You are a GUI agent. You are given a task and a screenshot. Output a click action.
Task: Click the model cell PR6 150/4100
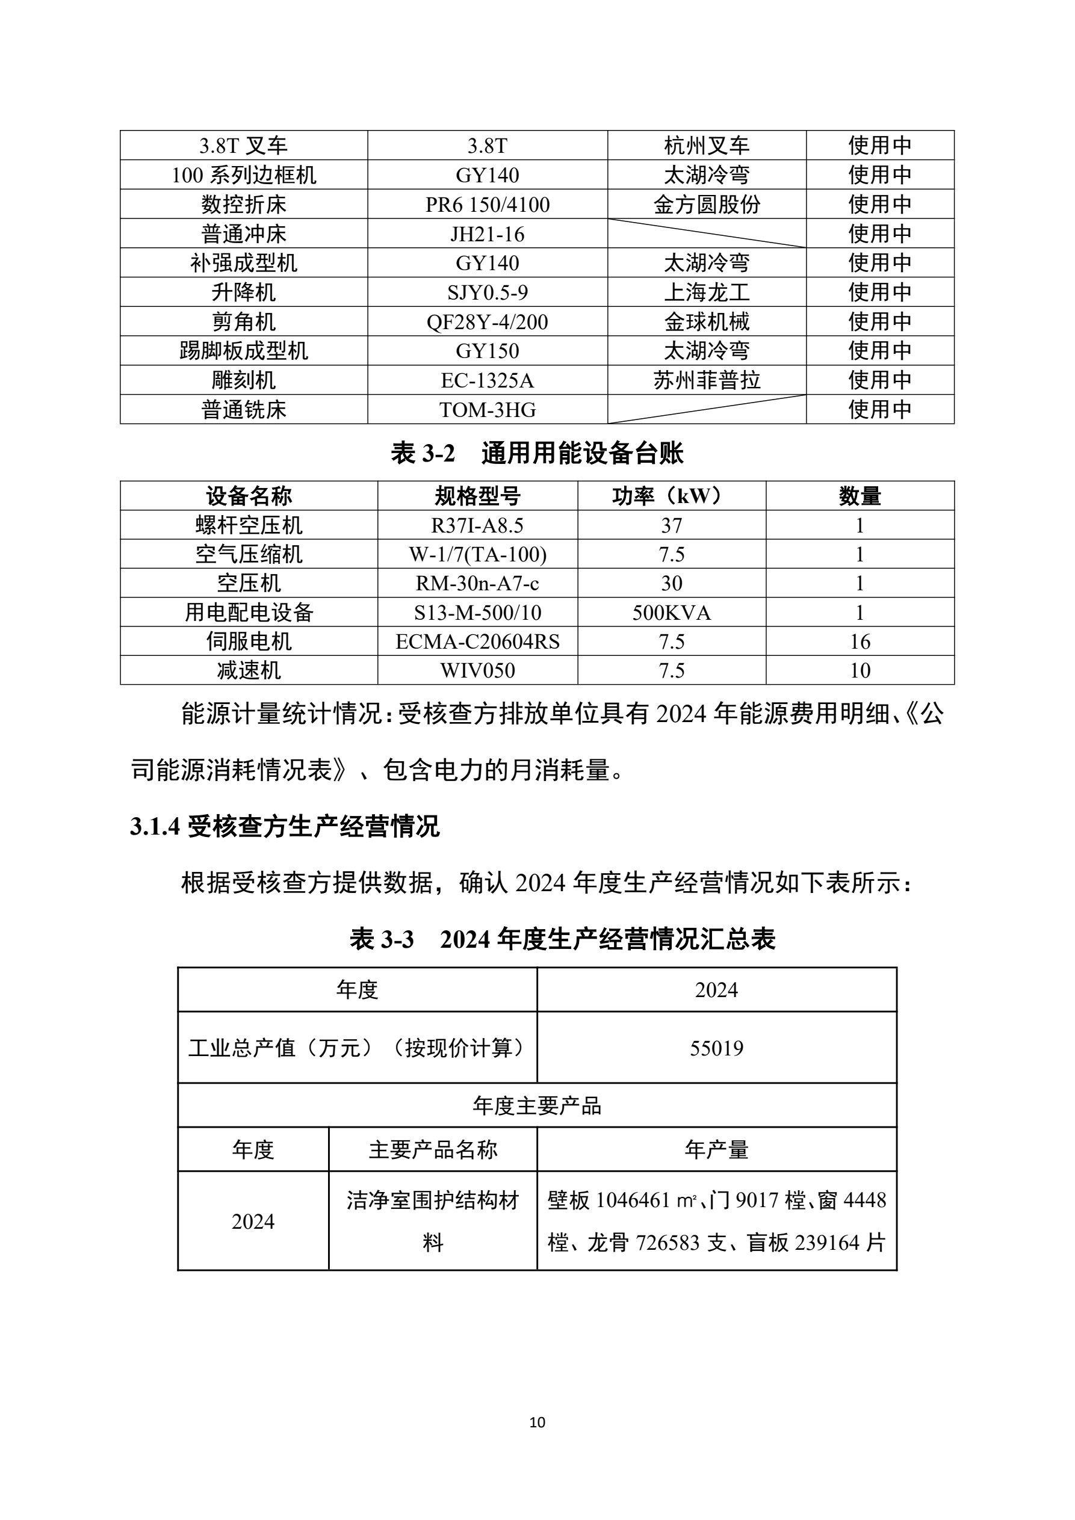click(488, 205)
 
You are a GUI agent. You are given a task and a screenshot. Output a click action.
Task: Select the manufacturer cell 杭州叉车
click(706, 146)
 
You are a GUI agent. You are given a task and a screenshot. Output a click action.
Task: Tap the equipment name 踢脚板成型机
click(244, 351)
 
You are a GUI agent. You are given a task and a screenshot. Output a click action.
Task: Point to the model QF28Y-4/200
click(488, 322)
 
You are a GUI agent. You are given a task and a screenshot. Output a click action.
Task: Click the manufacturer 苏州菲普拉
click(706, 380)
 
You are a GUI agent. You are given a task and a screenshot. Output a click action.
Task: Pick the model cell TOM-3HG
click(488, 410)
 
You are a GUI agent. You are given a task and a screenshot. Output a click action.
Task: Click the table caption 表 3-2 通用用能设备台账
click(536, 454)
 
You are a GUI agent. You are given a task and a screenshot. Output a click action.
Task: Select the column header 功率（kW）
click(671, 496)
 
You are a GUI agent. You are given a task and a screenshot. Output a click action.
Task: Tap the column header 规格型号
click(477, 496)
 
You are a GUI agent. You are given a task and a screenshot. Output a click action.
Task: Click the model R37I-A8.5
click(477, 525)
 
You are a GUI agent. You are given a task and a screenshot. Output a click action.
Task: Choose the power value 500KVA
click(671, 613)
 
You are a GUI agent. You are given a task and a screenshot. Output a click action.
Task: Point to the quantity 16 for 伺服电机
click(859, 641)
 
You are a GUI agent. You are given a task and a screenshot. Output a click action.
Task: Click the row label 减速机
click(249, 670)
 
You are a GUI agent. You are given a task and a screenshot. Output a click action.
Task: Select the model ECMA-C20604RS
click(477, 641)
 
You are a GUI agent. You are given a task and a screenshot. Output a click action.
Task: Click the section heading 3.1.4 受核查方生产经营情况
click(285, 827)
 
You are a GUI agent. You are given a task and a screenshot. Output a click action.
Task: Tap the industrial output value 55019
click(716, 1048)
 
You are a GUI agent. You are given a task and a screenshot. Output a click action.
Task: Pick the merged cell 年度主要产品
click(536, 1105)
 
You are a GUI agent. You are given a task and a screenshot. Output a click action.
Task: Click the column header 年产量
click(716, 1150)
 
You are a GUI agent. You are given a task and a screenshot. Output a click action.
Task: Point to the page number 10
click(537, 1422)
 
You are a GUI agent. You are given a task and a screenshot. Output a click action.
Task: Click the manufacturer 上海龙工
click(706, 292)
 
